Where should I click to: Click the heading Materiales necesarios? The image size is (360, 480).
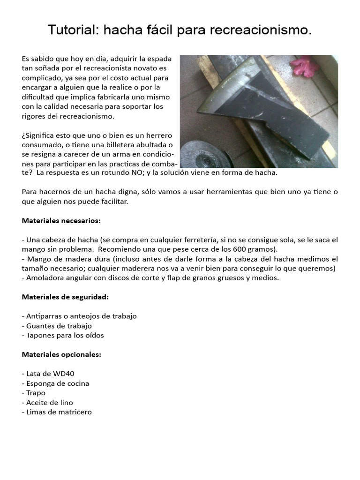pyautogui.click(x=61, y=220)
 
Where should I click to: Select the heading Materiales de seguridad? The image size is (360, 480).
pyautogui.click(x=65, y=297)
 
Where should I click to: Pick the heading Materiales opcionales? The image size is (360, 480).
pyautogui.click(x=61, y=354)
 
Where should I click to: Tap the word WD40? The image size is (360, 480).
pyautogui.click(x=63, y=374)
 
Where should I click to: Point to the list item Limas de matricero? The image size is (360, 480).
pyautogui.click(x=59, y=412)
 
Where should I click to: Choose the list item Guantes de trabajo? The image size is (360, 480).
pyautogui.click(x=59, y=326)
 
